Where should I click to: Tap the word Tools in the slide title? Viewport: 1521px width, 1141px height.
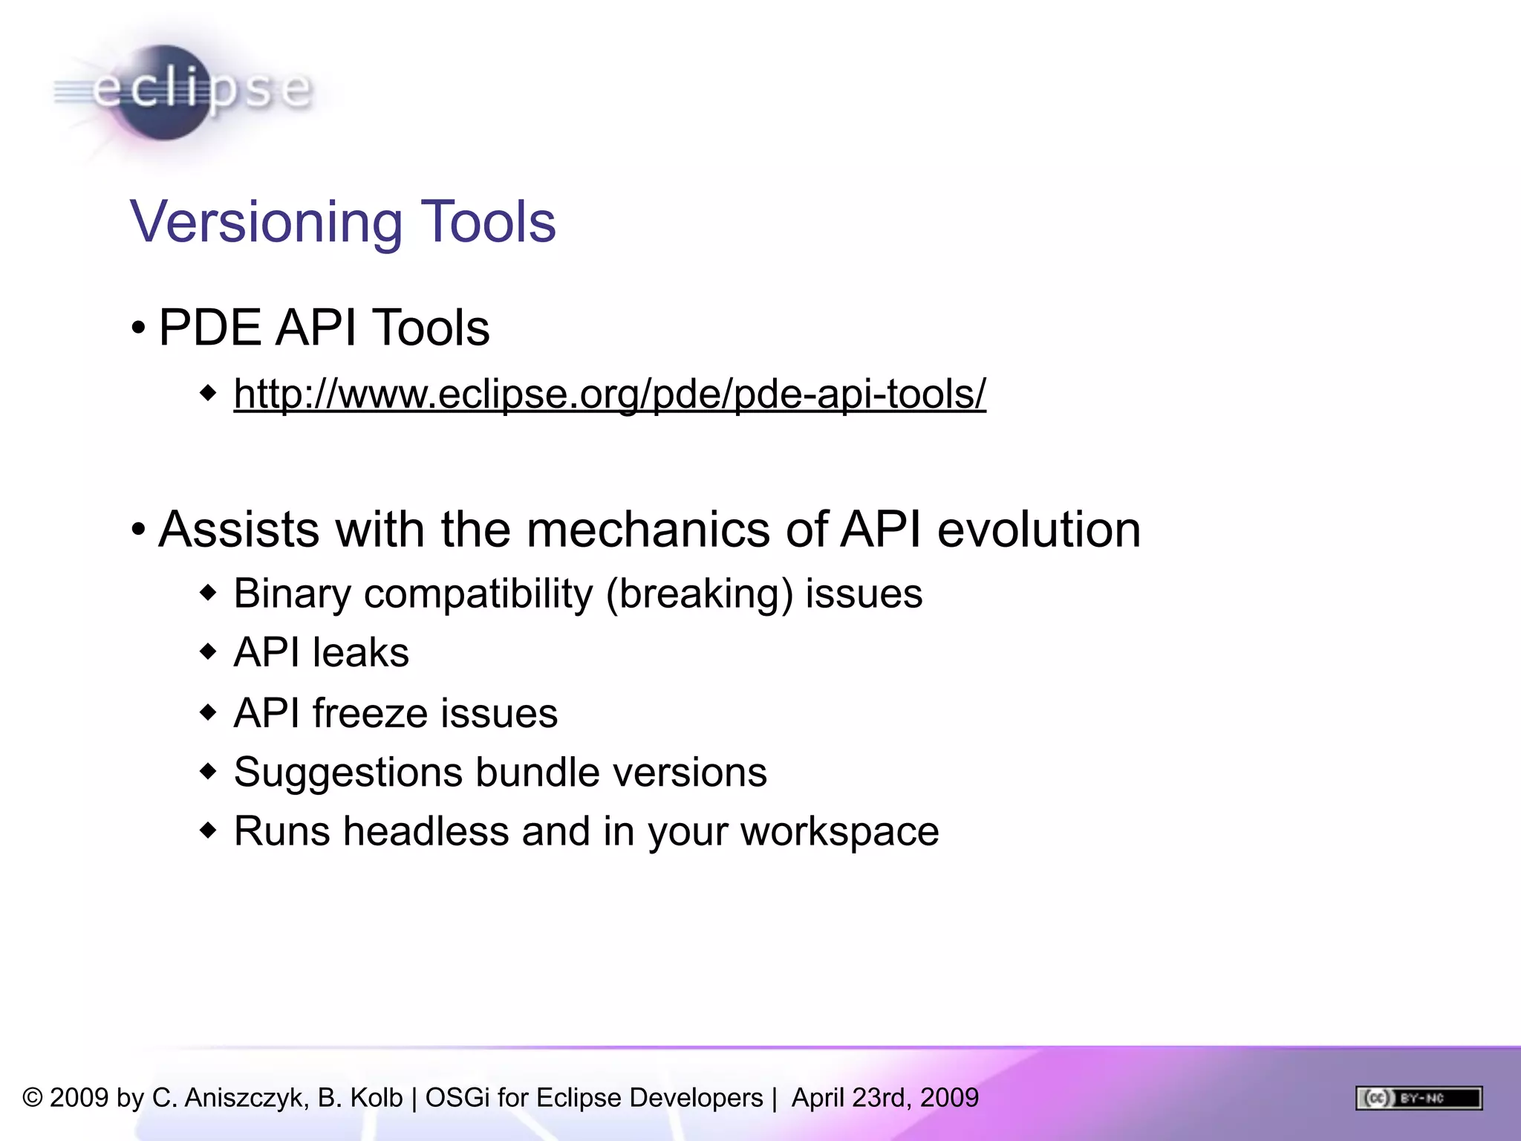coord(488,222)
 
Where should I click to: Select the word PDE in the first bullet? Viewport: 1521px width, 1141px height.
coord(210,328)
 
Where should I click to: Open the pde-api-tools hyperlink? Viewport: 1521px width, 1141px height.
coord(609,394)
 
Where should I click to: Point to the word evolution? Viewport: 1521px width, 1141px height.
coord(1038,530)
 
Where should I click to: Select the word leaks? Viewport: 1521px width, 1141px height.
coord(360,653)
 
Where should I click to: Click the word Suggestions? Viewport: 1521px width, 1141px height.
coord(348,773)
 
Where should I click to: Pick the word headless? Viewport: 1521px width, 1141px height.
coord(426,831)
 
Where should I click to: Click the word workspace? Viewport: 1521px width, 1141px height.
coord(839,831)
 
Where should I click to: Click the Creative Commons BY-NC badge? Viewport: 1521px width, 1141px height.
coord(1419,1097)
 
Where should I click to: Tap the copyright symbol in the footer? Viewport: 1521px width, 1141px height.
coord(32,1098)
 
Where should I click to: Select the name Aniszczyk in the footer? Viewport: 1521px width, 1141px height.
coord(246,1098)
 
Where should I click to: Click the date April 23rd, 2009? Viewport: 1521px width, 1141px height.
coord(885,1098)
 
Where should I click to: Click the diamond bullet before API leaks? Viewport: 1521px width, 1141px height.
coord(209,652)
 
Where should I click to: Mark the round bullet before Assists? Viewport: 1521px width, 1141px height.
coord(138,530)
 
